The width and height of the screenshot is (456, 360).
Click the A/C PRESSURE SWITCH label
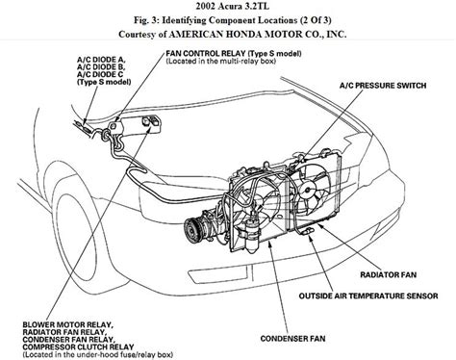[x=383, y=86]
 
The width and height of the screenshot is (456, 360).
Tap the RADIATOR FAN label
[x=389, y=274]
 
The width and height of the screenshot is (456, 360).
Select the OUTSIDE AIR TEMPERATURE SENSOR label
[x=368, y=296]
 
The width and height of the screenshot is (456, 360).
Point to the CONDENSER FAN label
[x=292, y=338]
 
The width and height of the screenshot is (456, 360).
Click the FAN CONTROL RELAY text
[x=206, y=53]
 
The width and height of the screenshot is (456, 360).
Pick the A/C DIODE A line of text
[x=101, y=60]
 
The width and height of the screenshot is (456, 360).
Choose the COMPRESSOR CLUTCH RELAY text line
[x=78, y=347]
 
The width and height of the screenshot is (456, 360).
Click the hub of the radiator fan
[x=307, y=191]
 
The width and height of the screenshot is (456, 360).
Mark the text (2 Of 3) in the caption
[x=316, y=20]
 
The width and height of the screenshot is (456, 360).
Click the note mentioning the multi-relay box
[x=221, y=61]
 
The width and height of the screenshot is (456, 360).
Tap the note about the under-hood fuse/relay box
[x=98, y=354]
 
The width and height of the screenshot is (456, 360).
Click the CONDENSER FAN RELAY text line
[x=68, y=340]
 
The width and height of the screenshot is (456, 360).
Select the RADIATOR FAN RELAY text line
[x=63, y=332]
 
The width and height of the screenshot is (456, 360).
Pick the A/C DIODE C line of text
[x=100, y=74]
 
